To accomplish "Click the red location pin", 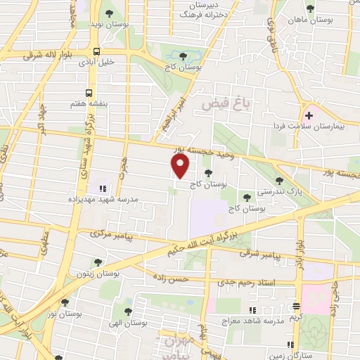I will coord(181,167).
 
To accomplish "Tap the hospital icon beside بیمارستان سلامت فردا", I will coord(309,115).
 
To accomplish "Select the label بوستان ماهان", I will coord(311,20).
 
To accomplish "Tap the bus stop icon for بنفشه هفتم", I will coord(89,92).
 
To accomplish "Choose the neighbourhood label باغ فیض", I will coord(227,104).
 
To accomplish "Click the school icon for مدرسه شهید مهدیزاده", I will coord(103,188).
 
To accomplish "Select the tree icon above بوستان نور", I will coord(65,302).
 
